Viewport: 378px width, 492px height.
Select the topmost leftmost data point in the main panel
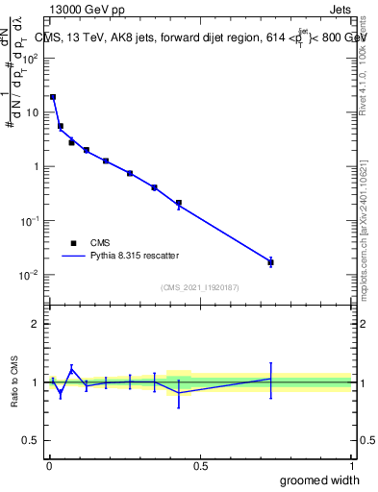tap(53, 97)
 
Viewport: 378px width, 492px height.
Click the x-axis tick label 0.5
tap(200, 465)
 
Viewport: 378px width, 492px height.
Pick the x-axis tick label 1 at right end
tap(351, 465)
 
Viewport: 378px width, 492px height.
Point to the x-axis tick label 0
tap(48, 465)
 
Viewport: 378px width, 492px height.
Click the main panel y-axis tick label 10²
tap(30, 58)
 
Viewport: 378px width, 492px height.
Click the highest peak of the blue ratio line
tap(71, 368)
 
